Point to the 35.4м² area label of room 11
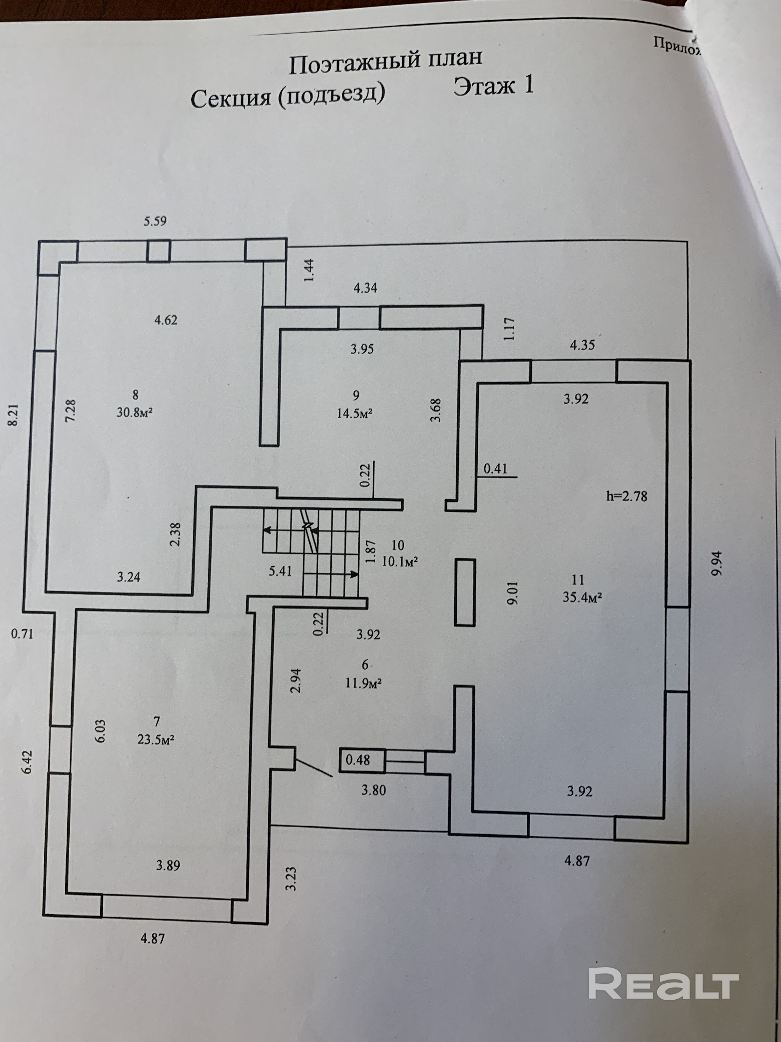pyautogui.click(x=583, y=597)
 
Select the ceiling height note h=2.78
pyautogui.click(x=627, y=496)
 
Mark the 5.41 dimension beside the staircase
pyautogui.click(x=280, y=571)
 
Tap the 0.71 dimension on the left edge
pyautogui.click(x=22, y=634)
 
